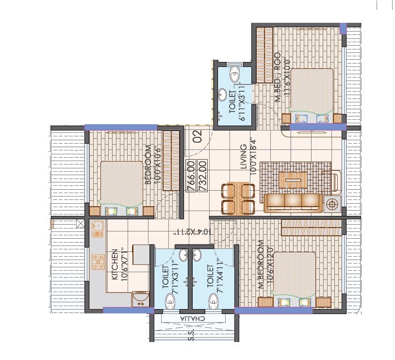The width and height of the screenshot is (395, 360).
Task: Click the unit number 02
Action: (197, 137)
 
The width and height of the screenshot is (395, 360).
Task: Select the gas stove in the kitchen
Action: (99, 262)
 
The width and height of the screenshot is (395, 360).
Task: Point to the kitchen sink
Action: (97, 228)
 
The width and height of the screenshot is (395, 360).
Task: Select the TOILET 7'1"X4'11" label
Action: (210, 277)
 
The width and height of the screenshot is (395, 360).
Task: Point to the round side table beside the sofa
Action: (333, 204)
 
